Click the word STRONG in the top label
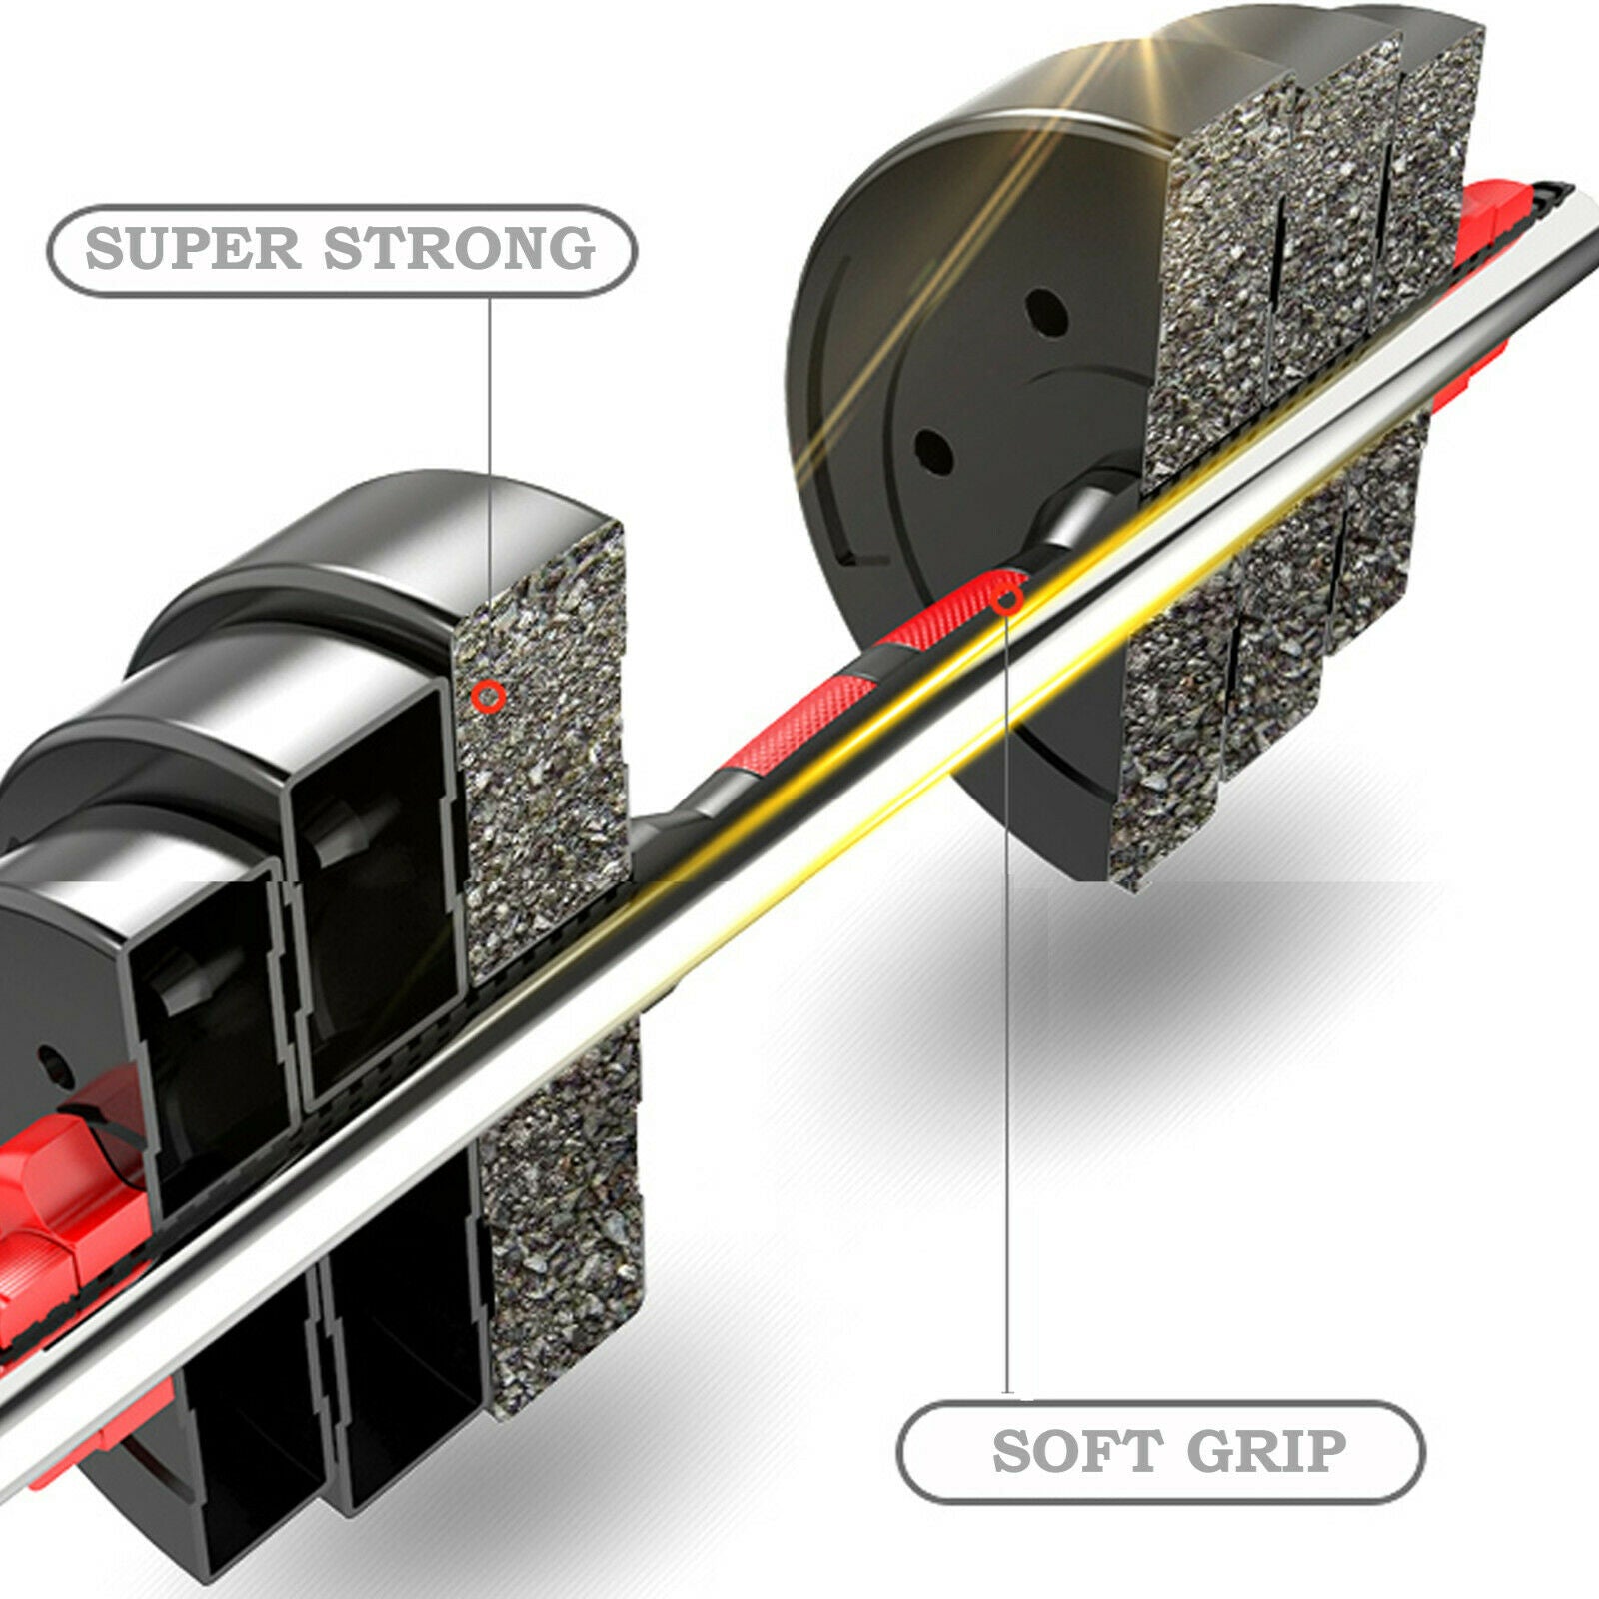[459, 249]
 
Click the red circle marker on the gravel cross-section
[488, 697]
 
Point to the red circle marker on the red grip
[1007, 600]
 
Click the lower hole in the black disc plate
[933, 452]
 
